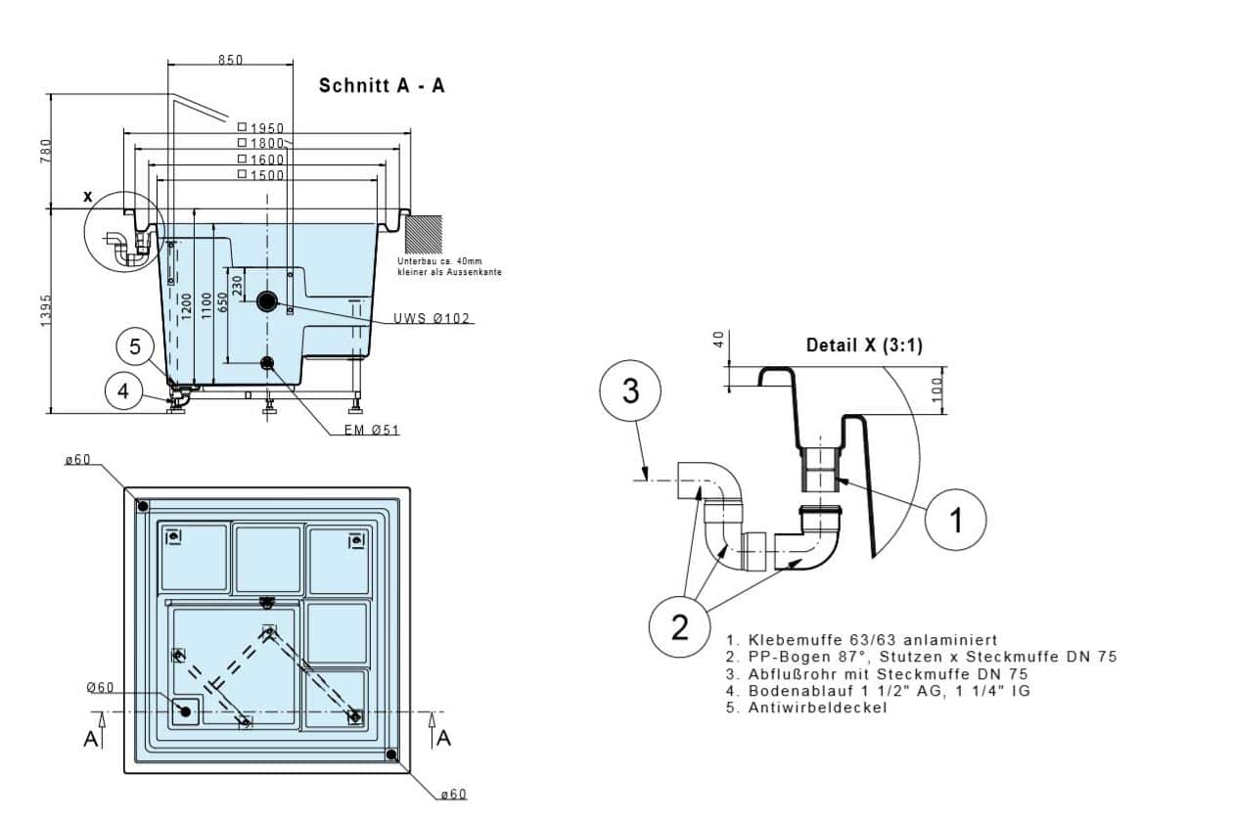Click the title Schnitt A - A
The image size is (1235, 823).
click(x=382, y=85)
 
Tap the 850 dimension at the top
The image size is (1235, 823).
click(x=230, y=60)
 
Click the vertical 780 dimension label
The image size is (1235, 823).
click(x=46, y=151)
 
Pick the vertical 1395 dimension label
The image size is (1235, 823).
click(x=46, y=310)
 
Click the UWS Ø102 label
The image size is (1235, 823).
click(x=432, y=318)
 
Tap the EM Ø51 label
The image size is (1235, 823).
click(x=372, y=430)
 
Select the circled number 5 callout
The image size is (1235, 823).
click(x=135, y=346)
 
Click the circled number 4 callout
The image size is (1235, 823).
click(x=123, y=391)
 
